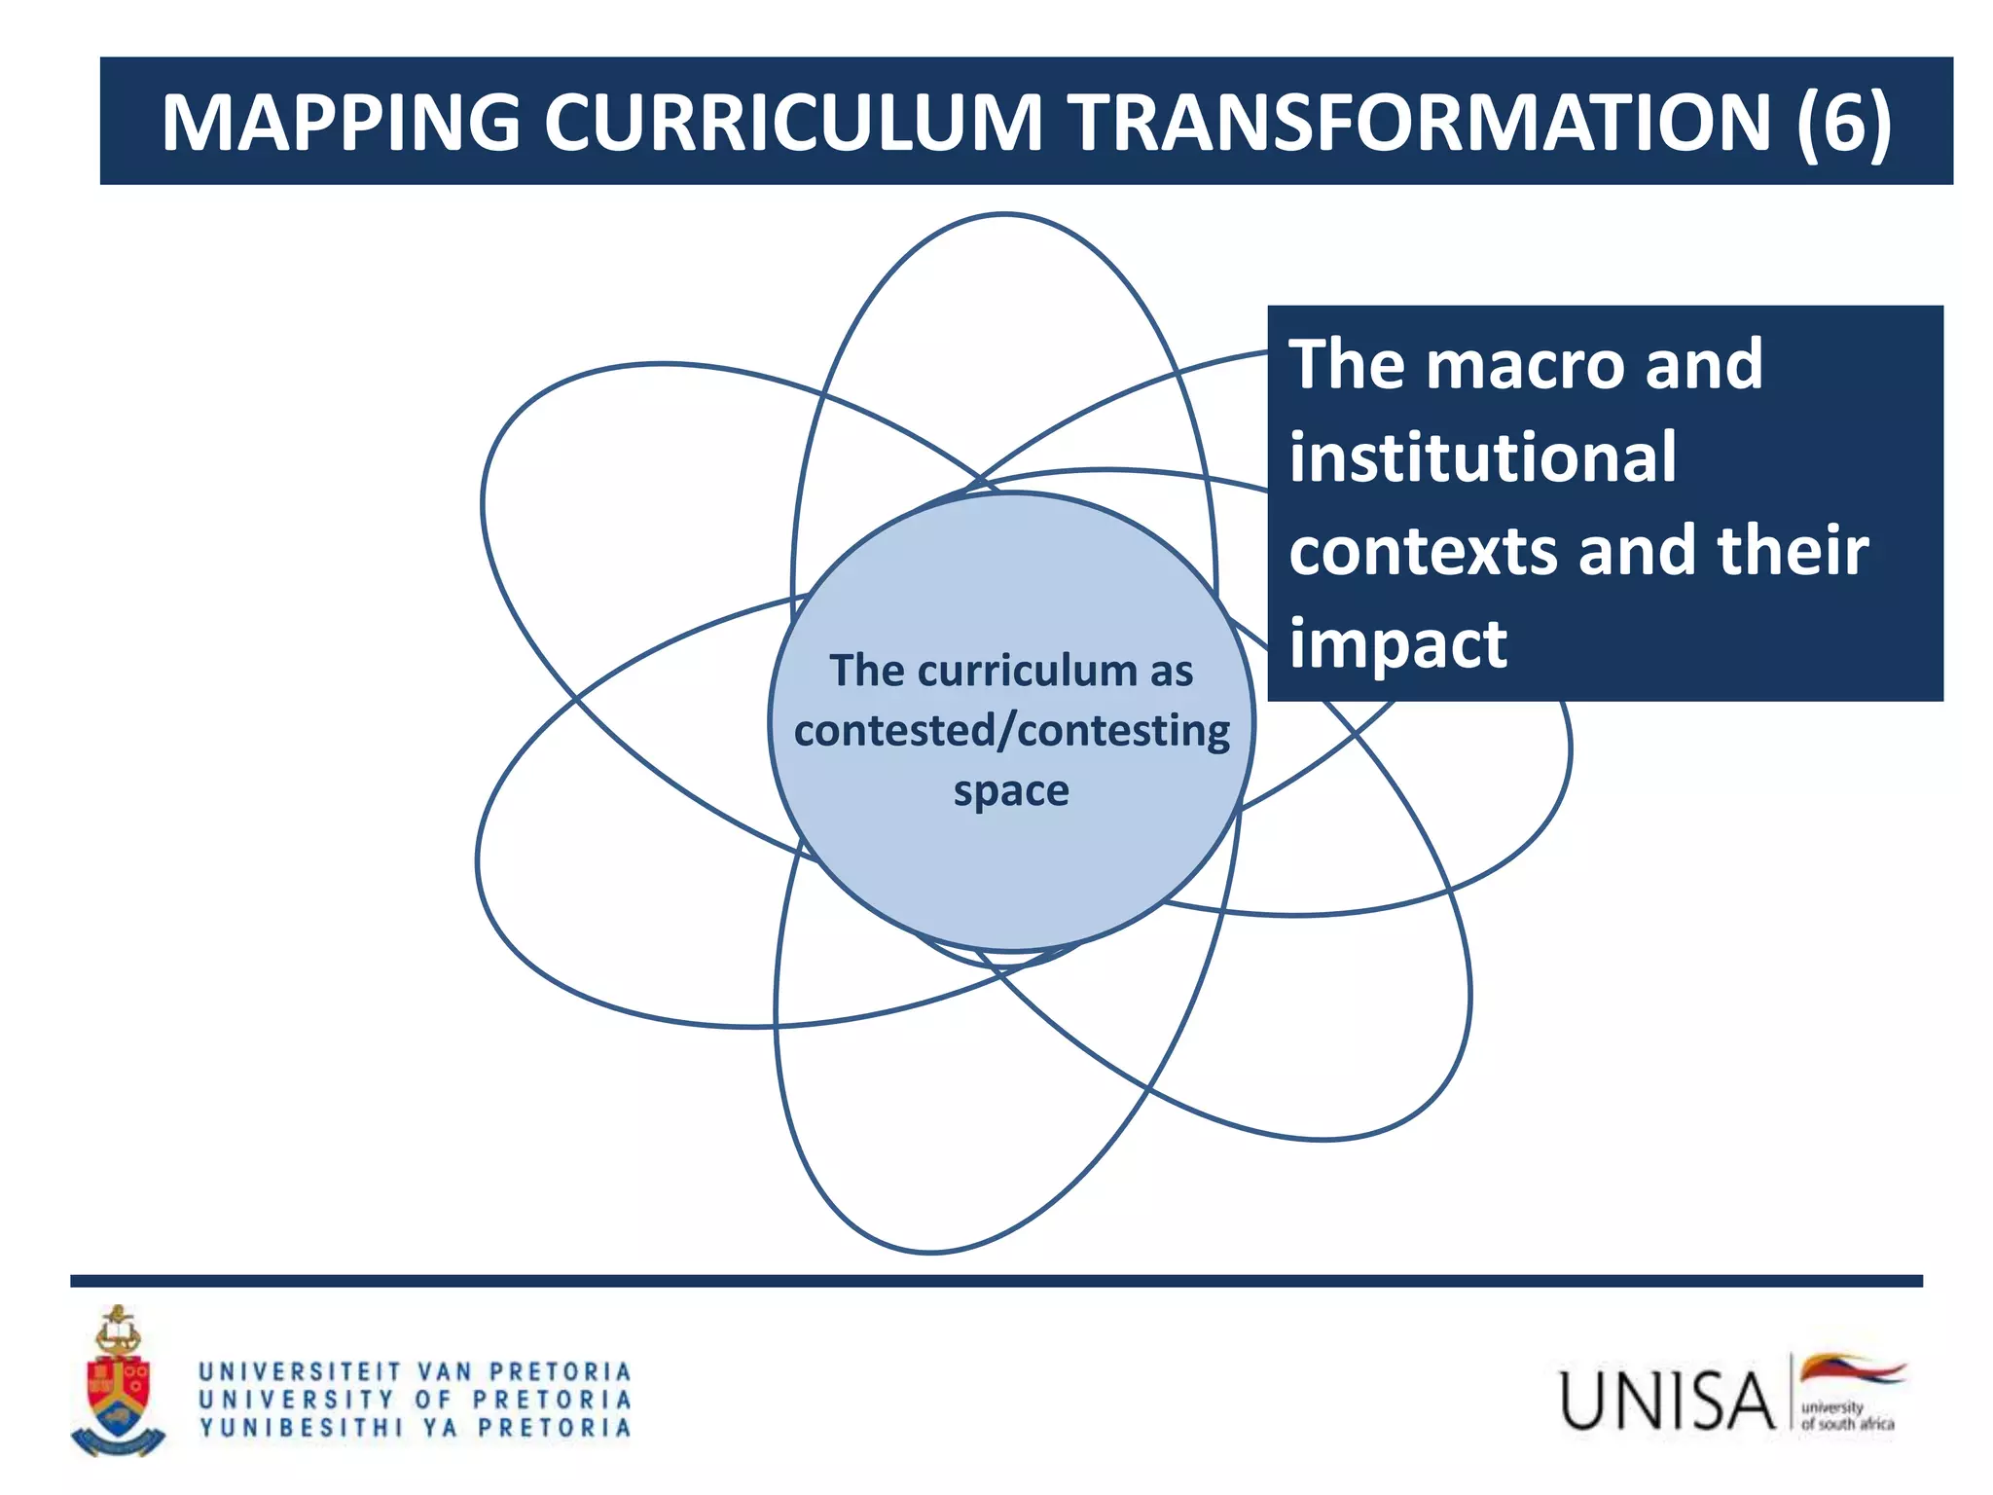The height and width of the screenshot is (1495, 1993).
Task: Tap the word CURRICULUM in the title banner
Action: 792,123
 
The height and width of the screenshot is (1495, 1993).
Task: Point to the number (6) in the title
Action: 1843,123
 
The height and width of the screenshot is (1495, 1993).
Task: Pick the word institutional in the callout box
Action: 1482,457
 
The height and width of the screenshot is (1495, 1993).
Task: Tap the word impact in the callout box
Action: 1397,645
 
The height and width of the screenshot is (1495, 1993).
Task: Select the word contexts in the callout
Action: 1422,551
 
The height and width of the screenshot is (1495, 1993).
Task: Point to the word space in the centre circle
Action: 1011,791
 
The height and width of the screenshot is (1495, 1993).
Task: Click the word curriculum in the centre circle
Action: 1027,672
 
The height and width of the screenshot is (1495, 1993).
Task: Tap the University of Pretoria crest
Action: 118,1383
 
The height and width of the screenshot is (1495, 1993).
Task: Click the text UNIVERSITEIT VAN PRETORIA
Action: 416,1372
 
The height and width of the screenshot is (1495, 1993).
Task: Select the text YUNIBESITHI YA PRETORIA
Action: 416,1429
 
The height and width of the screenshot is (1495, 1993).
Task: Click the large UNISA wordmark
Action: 1668,1402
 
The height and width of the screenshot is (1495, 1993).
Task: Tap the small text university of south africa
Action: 1846,1416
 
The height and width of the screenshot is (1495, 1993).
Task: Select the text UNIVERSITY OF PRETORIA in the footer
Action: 416,1401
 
